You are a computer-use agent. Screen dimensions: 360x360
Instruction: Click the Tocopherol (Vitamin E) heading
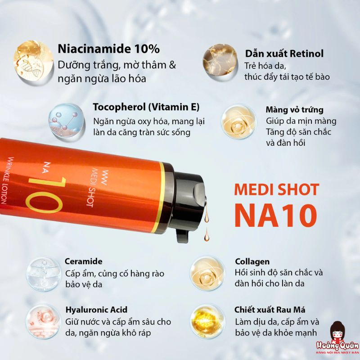tap(146, 107)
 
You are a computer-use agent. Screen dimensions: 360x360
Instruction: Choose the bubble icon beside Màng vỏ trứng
tap(238, 121)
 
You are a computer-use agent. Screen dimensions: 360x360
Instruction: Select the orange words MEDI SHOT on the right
tap(276, 189)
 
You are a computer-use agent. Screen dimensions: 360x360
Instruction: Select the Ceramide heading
tap(84, 261)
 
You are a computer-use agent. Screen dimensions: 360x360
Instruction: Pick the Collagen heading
tap(252, 261)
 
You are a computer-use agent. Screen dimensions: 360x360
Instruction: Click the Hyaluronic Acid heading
tap(96, 310)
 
